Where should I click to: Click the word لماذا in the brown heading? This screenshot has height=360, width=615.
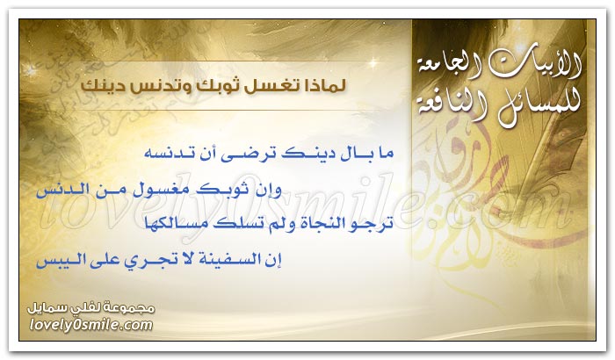322,85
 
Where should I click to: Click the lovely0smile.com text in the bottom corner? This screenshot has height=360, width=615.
91,325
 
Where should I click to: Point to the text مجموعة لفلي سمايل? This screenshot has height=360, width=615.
91,308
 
